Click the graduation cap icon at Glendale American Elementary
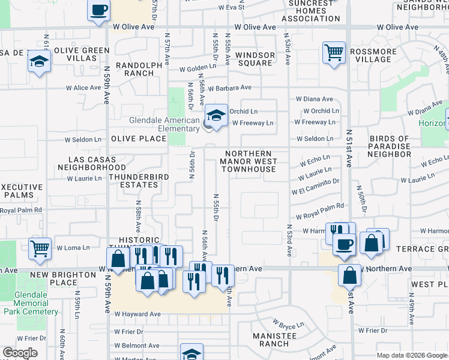pyautogui.click(x=217, y=115)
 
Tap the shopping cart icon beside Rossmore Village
pyautogui.click(x=334, y=52)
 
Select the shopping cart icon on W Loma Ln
pyautogui.click(x=40, y=247)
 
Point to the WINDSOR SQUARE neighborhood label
pyautogui.click(x=255, y=59)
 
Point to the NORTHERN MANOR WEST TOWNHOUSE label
pyautogui.click(x=249, y=161)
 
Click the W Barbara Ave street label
pyautogui.click(x=230, y=88)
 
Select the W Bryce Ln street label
pyautogui.click(x=289, y=325)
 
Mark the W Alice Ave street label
pyautogui.click(x=83, y=88)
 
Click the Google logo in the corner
pyautogui.click(x=20, y=353)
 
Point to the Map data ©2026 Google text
pyautogui.click(x=412, y=355)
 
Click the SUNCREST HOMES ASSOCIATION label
pyautogui.click(x=311, y=11)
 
